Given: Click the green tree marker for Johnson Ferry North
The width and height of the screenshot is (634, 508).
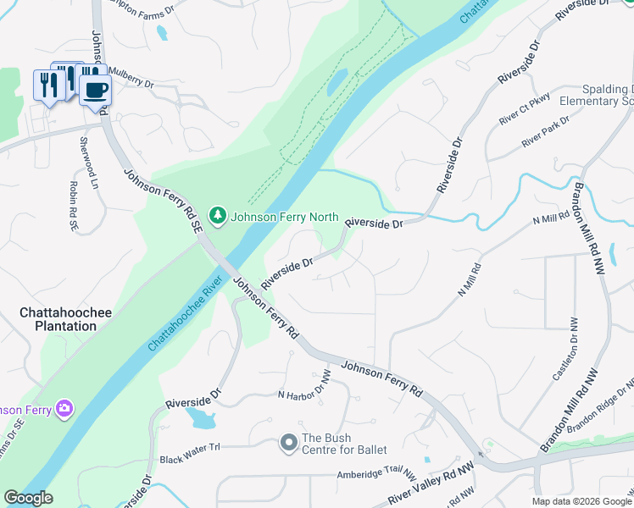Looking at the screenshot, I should (x=219, y=216).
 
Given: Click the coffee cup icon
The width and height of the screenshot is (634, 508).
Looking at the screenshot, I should (x=95, y=87).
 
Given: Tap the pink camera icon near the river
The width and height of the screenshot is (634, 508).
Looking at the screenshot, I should (x=64, y=410).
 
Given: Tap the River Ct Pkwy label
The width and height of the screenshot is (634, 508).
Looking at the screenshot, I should (x=525, y=109).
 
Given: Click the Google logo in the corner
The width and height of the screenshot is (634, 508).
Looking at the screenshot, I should (x=29, y=498).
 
